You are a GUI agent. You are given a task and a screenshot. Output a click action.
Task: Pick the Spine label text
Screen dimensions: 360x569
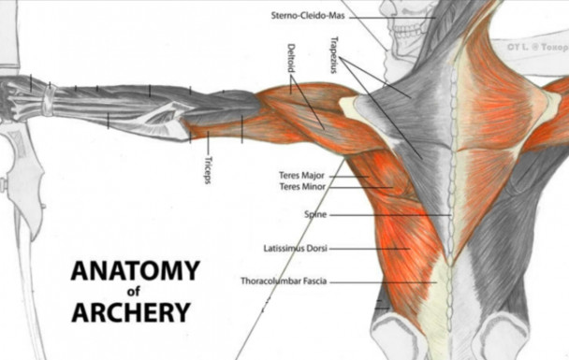tap(314, 214)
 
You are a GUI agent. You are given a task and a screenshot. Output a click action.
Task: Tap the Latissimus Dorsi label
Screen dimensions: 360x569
tap(295, 249)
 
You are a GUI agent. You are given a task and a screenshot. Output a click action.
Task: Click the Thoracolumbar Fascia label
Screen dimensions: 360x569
tap(283, 281)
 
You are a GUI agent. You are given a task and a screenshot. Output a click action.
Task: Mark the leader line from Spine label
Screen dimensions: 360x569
tap(388, 215)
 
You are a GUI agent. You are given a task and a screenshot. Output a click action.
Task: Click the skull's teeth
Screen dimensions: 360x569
tap(406, 37)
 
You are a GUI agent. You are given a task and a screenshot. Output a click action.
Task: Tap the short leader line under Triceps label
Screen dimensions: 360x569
tap(208, 142)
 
